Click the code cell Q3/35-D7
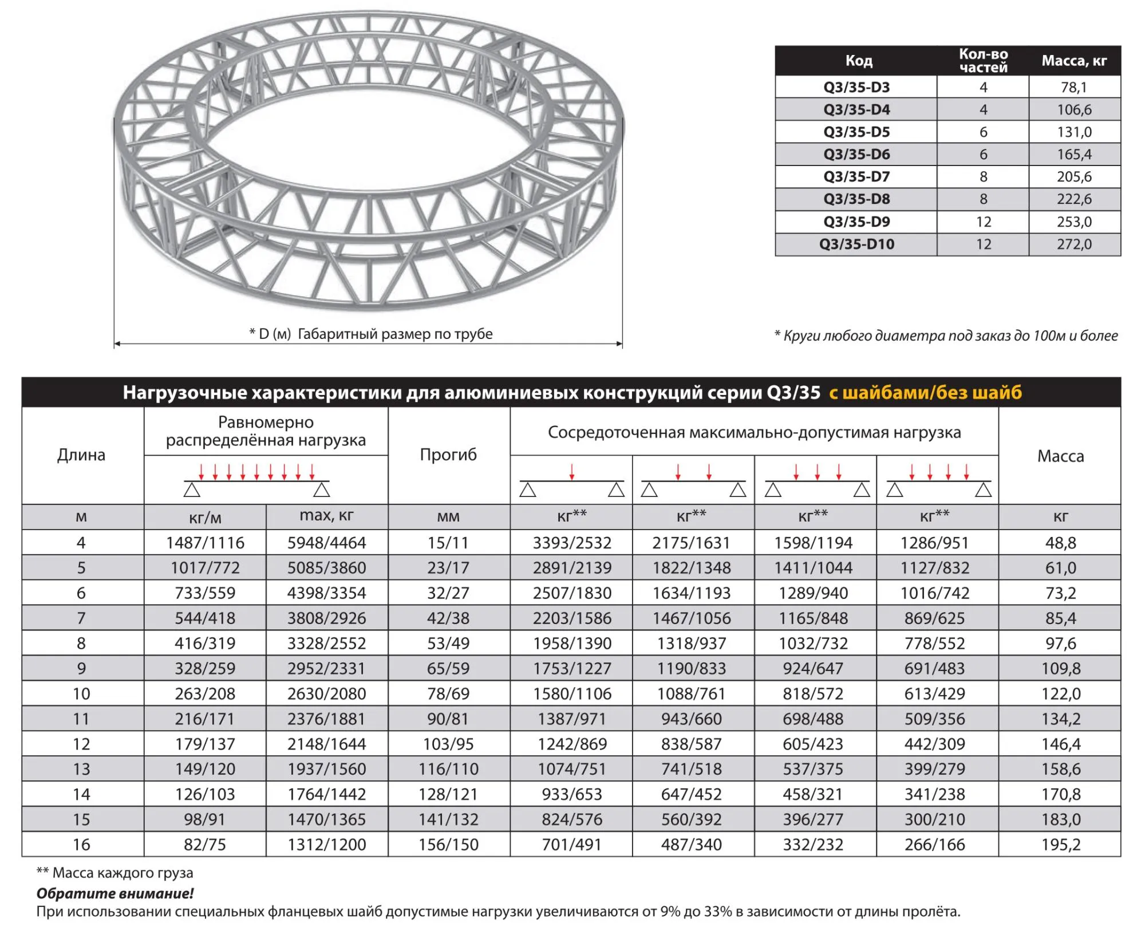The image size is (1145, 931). click(x=856, y=177)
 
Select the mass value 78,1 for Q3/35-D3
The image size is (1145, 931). click(x=1074, y=88)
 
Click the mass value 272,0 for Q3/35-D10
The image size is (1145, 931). click(x=1074, y=244)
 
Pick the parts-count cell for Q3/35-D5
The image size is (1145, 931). click(x=983, y=132)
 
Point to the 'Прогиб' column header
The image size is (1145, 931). click(x=448, y=455)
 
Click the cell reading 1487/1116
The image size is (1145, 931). click(x=205, y=543)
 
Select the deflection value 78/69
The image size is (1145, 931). click(x=448, y=694)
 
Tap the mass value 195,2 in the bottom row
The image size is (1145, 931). click(x=1060, y=845)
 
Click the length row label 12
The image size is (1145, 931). click(x=81, y=744)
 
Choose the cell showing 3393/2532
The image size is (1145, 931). click(x=572, y=543)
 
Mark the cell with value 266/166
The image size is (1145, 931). click(x=934, y=845)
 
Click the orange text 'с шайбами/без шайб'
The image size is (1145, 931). click(x=925, y=393)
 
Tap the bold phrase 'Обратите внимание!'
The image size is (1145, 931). click(x=115, y=893)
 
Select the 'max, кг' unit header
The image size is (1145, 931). click(x=326, y=516)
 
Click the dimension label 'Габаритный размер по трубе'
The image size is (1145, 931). click(x=395, y=334)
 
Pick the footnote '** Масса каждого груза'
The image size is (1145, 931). click(x=114, y=873)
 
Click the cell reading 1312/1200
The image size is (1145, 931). click(x=326, y=845)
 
